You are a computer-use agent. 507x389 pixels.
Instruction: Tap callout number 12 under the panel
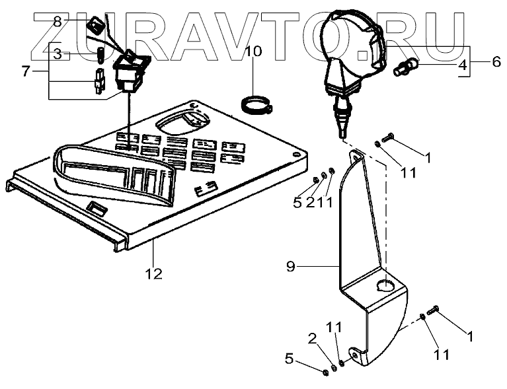tap(153, 271)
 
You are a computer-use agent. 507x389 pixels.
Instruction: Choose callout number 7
tap(26, 71)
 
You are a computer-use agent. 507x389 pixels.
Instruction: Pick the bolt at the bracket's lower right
tap(434, 308)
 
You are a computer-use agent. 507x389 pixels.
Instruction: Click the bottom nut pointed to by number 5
tap(326, 372)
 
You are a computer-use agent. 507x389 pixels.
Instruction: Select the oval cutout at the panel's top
tap(179, 122)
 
